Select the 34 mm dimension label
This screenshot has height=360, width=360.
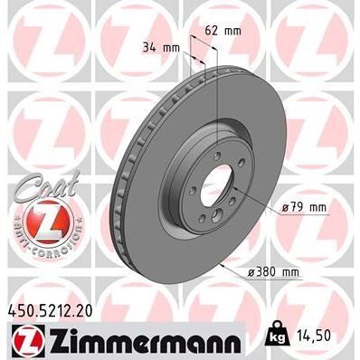click(160, 47)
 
